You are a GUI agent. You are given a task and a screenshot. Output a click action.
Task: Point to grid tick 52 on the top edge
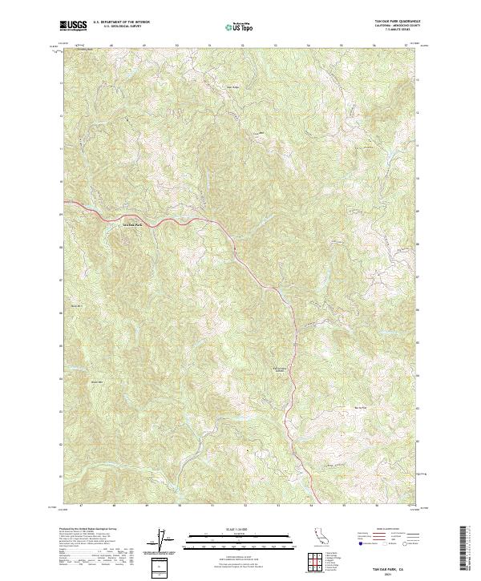tap(242, 46)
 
